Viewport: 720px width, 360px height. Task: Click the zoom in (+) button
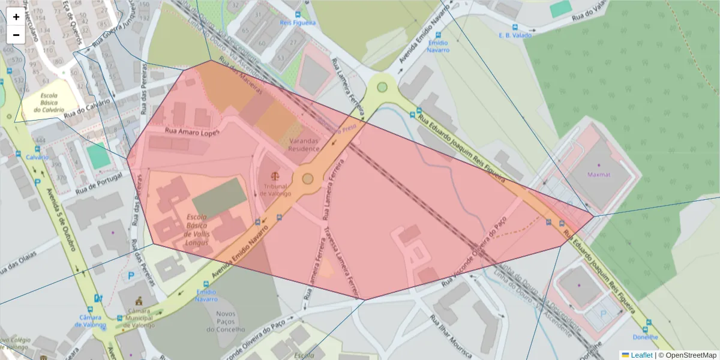coord(16,17)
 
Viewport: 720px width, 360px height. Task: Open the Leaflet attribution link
coord(641,355)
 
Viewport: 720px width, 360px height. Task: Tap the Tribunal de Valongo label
coord(275,190)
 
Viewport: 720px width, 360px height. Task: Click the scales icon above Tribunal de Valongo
coord(275,176)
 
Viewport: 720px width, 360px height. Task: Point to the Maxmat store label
coord(598,175)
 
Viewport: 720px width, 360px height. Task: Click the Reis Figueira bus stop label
coord(298,23)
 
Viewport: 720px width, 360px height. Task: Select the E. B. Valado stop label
coord(515,35)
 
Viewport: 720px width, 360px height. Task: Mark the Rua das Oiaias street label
coord(18,262)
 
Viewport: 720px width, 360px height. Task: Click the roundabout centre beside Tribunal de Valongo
coord(308,178)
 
